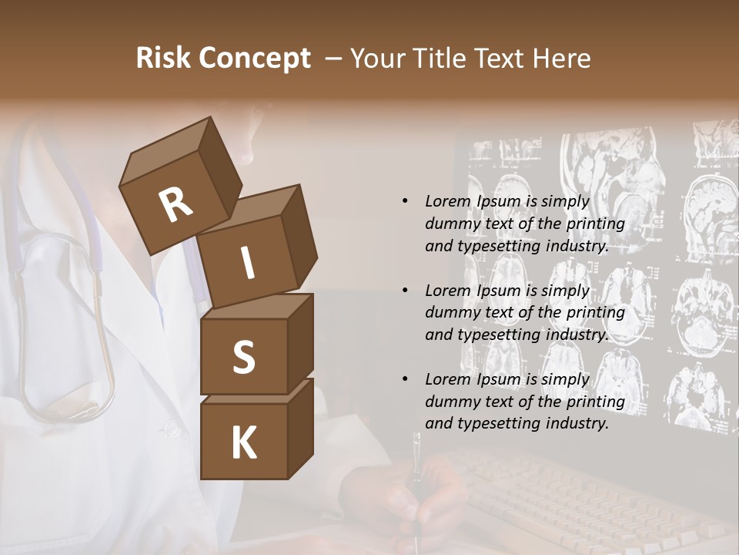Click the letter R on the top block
pyautogui.click(x=176, y=205)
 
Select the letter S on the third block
pyautogui.click(x=243, y=357)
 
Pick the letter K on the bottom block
pyautogui.click(x=243, y=443)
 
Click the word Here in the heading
pyautogui.click(x=562, y=59)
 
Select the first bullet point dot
pyautogui.click(x=405, y=201)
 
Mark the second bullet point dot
pyautogui.click(x=405, y=291)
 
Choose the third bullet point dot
pyautogui.click(x=405, y=379)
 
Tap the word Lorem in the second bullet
pyautogui.click(x=445, y=291)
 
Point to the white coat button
pyautogui.click(x=172, y=426)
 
